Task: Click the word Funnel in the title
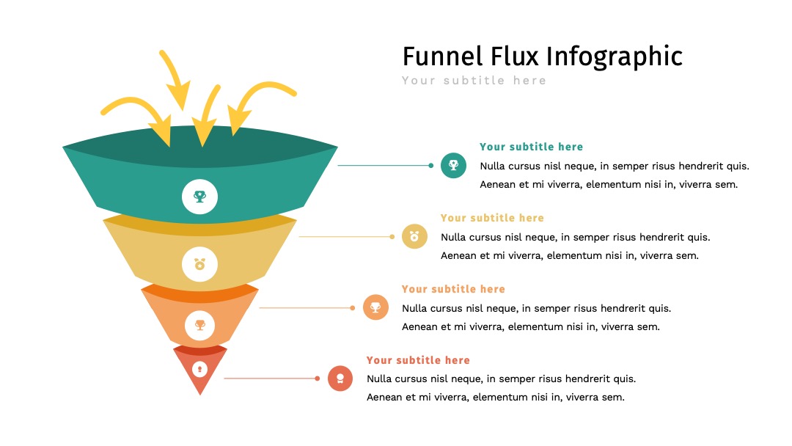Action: [x=442, y=56]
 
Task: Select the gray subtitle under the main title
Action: [x=474, y=81]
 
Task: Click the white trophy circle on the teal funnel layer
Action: [x=200, y=197]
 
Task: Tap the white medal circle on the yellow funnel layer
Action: [x=200, y=264]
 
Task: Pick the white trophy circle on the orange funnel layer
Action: [x=200, y=325]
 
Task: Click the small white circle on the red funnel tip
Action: [x=200, y=369]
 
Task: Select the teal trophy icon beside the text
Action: [x=454, y=165]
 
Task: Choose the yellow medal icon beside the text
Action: [x=414, y=236]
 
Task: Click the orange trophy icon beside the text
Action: [x=375, y=307]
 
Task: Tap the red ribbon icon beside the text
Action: [x=340, y=379]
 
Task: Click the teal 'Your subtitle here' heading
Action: [x=532, y=147]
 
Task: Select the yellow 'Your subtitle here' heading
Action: [x=493, y=218]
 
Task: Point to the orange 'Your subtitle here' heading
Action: [x=454, y=290]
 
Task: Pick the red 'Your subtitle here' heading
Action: [x=418, y=361]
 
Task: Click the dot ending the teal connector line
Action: [x=431, y=165]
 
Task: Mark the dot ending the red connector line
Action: [x=318, y=379]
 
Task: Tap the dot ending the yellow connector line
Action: [x=392, y=236]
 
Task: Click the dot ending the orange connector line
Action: [x=353, y=307]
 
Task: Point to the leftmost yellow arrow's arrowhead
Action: [x=162, y=131]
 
